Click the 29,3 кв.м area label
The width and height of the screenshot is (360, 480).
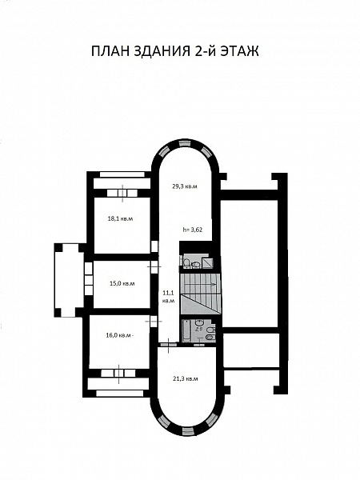point(184,186)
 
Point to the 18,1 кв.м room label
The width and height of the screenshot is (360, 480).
point(121,219)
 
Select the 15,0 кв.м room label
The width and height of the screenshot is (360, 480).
point(122,283)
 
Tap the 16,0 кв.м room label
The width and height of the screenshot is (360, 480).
point(118,335)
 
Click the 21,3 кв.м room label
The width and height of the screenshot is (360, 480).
point(185,378)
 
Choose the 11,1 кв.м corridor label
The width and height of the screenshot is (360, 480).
point(168,296)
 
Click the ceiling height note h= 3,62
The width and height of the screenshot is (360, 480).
point(192,230)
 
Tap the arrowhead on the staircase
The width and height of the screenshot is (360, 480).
point(214,284)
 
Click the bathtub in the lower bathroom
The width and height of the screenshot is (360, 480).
point(186,331)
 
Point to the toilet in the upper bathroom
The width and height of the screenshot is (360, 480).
point(186,263)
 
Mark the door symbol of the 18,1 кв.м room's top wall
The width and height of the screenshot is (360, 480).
point(122,193)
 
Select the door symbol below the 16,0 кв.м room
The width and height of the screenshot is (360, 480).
point(118,373)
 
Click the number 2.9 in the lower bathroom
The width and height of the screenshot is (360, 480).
point(199,329)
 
